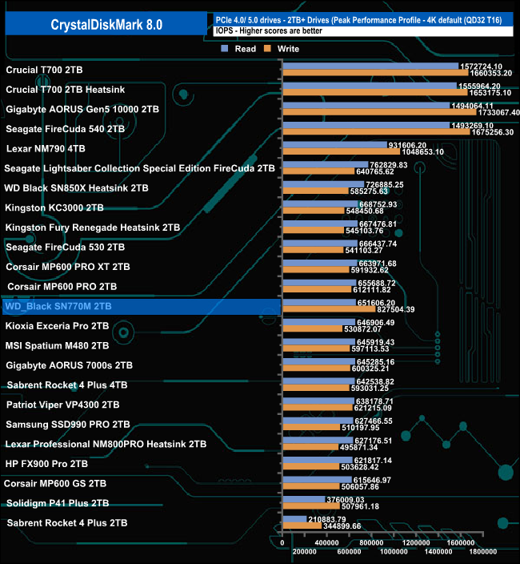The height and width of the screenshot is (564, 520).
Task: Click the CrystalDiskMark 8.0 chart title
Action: pyautogui.click(x=106, y=25)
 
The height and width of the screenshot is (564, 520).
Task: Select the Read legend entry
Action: pyautogui.click(x=241, y=48)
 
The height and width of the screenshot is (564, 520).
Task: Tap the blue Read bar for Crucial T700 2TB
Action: pyautogui.click(x=368, y=66)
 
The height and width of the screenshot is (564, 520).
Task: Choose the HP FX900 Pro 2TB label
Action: pyautogui.click(x=46, y=463)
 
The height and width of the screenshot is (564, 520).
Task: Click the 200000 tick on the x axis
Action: pyautogui.click(x=305, y=551)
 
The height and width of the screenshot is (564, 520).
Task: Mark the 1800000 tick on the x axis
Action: pyautogui.click(x=483, y=551)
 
